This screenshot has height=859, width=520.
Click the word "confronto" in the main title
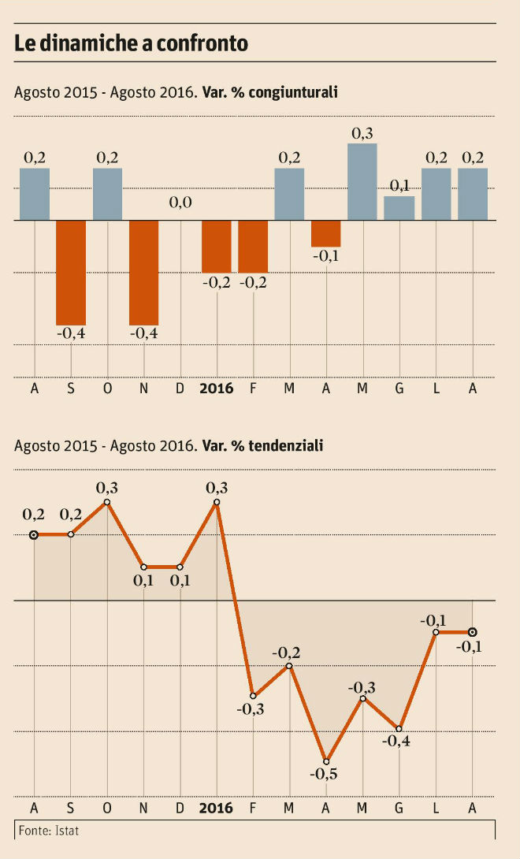click(203, 44)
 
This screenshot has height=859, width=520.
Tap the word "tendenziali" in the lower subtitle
click(287, 446)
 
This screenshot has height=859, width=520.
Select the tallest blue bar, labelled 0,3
click(362, 181)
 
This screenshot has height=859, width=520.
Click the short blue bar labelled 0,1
click(399, 208)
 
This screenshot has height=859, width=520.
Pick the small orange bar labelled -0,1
click(326, 233)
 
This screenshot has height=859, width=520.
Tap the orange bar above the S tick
click(71, 272)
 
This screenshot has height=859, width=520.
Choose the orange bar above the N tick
click(144, 272)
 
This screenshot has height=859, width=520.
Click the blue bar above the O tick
click(108, 194)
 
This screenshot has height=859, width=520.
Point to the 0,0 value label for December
click(180, 203)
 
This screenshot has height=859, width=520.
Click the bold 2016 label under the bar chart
click(217, 389)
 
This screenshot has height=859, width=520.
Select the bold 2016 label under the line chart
click(217, 809)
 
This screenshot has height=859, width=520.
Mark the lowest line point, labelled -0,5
click(326, 761)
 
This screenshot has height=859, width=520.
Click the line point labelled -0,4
click(399, 728)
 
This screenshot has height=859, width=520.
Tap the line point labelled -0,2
click(290, 666)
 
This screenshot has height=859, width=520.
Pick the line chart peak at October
click(107, 502)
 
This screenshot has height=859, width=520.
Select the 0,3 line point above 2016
click(217, 502)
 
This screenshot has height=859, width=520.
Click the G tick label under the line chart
click(399, 809)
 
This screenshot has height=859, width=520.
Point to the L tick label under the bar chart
click(435, 389)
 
